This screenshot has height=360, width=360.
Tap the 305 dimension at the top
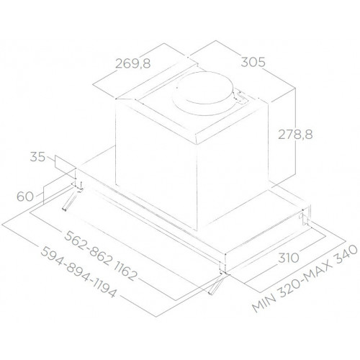click(x=251, y=63)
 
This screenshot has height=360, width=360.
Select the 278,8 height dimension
click(x=298, y=132)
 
